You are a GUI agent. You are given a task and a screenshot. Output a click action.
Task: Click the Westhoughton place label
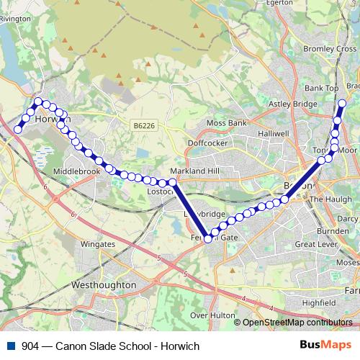(x=105, y=284)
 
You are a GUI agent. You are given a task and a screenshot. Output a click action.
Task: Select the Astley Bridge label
(x=292, y=104)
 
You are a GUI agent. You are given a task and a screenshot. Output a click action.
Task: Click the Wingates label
(x=98, y=244)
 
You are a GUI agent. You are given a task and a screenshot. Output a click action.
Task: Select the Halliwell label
(x=274, y=134)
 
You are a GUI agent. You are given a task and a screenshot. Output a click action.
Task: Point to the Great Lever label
(x=316, y=245)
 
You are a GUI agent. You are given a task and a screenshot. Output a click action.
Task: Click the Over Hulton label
(x=209, y=315)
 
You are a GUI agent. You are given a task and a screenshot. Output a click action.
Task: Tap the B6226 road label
(x=144, y=125)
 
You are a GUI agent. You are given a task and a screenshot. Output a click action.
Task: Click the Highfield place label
(x=318, y=303)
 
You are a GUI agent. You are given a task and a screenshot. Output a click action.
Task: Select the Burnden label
(x=332, y=231)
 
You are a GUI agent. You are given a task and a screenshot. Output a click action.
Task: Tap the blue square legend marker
(x=10, y=346)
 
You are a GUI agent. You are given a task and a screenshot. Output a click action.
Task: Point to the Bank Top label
(x=321, y=88)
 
